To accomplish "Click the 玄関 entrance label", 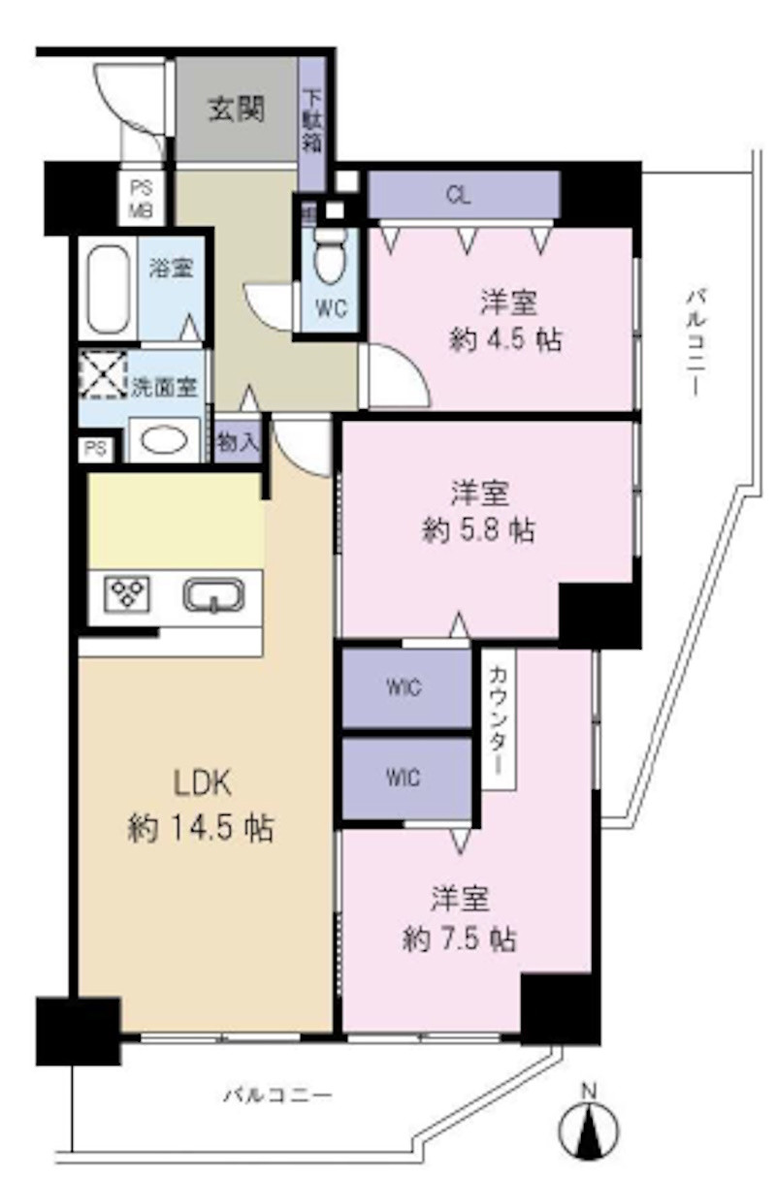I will (x=236, y=111).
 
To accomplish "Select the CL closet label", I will (x=459, y=194).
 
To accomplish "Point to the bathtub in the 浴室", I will (x=108, y=290).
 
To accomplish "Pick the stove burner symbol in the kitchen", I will (x=126, y=593).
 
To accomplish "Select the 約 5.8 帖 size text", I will (x=480, y=529).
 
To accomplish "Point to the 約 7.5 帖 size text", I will (x=459, y=939).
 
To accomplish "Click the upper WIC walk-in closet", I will (x=404, y=688).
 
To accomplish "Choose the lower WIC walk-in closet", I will (x=404, y=779).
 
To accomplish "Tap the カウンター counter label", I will (x=498, y=718).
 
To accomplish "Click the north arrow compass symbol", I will (x=589, y=1125).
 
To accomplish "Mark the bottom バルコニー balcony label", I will (x=278, y=1097).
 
